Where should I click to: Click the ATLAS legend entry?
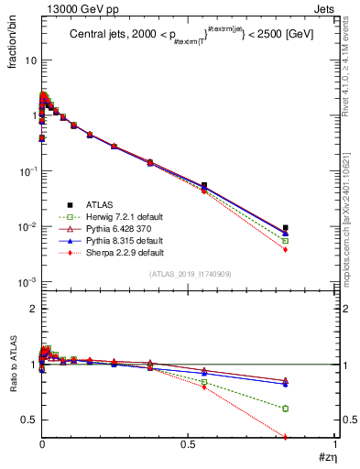[98, 204]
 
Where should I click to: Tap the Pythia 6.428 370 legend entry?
[113, 227]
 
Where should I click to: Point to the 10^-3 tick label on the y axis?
[25, 282]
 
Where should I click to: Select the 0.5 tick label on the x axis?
[189, 444]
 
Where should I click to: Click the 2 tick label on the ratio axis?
[30, 309]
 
